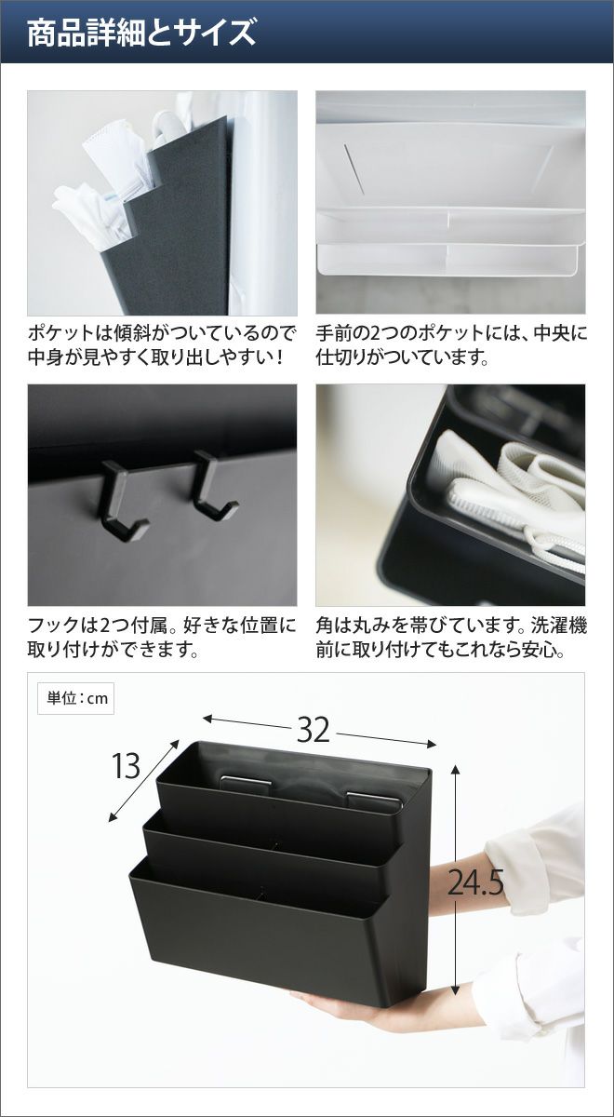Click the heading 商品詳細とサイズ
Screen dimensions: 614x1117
click(141, 33)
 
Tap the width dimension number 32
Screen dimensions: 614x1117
click(314, 731)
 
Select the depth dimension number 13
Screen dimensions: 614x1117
click(126, 766)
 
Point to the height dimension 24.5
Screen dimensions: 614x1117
click(475, 882)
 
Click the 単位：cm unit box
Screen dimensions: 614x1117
click(75, 699)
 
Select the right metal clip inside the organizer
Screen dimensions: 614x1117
click(373, 798)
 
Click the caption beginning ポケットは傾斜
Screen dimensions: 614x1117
click(162, 344)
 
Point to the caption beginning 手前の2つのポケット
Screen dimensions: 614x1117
click(451, 344)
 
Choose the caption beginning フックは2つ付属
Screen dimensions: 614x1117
click(162, 638)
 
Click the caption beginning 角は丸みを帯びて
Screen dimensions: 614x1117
click(451, 638)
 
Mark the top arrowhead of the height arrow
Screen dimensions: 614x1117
click(455, 770)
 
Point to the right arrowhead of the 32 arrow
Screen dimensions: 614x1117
click(431, 745)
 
